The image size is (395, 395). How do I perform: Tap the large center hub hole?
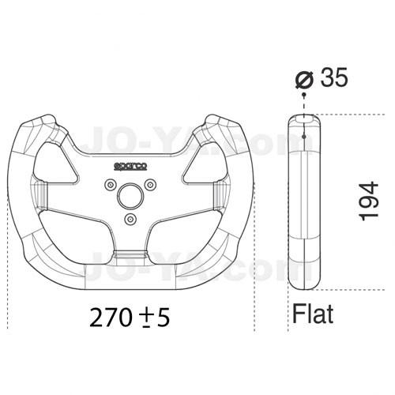(x=130, y=195)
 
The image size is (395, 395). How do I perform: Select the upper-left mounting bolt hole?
(x=110, y=185)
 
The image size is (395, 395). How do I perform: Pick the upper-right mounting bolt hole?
(x=150, y=185)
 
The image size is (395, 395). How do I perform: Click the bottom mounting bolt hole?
(x=130, y=219)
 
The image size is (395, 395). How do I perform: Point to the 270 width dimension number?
(x=111, y=318)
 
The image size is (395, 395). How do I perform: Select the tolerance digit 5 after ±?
(x=164, y=318)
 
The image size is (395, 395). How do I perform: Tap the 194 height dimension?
(x=369, y=201)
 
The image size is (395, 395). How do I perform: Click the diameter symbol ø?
(x=305, y=79)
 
